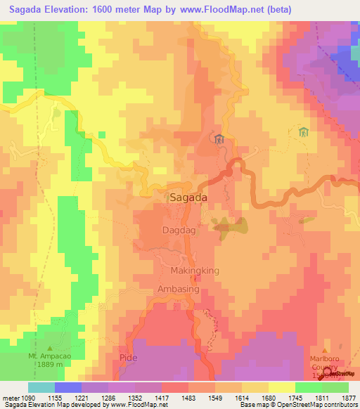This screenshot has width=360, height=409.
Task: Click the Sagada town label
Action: [188, 198]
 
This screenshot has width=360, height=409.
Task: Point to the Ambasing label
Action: [180, 289]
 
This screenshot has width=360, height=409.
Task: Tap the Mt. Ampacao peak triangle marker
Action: [49, 348]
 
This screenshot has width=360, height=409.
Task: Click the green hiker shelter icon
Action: [303, 132]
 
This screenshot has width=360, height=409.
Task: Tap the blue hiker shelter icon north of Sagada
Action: [219, 138]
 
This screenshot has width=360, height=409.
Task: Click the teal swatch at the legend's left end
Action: [41, 387]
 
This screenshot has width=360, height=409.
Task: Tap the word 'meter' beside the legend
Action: [11, 397]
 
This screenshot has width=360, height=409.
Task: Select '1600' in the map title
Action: [112, 9]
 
